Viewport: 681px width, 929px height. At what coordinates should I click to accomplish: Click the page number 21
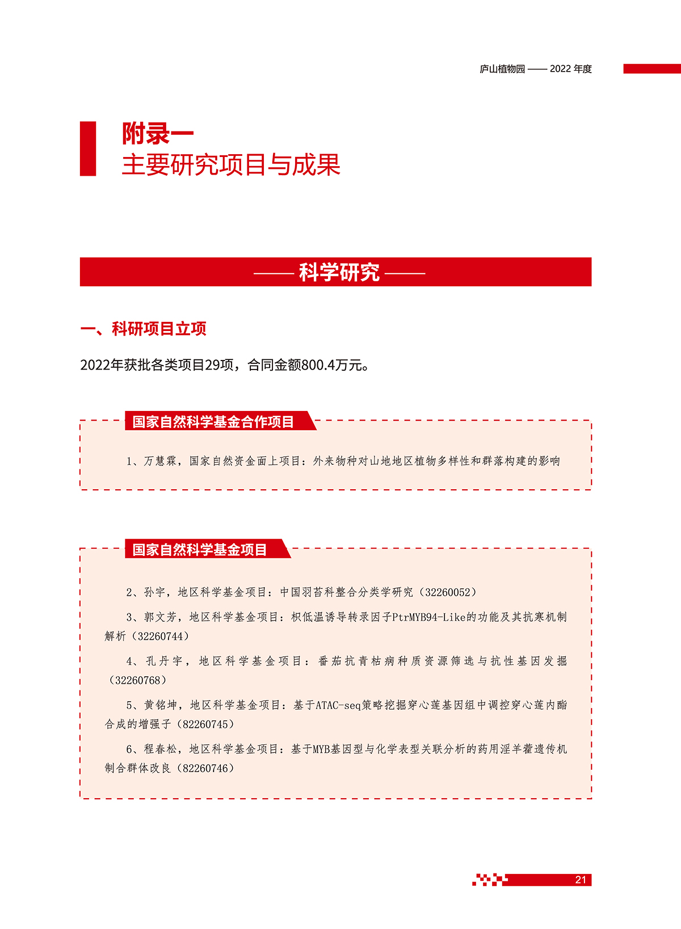coord(580,880)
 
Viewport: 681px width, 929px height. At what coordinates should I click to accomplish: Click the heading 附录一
coord(157,134)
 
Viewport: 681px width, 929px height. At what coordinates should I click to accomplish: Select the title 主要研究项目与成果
coord(230,165)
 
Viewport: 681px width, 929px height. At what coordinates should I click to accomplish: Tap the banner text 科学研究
coord(339,272)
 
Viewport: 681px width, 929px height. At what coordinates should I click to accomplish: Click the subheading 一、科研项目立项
coord(144,329)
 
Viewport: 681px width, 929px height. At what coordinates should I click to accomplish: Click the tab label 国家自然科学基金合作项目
coord(213,422)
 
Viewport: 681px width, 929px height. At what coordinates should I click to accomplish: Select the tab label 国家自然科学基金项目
coord(199,550)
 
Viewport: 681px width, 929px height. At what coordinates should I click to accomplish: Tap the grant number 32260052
coord(448,592)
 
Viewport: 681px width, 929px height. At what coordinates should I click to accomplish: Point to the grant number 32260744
coord(161,637)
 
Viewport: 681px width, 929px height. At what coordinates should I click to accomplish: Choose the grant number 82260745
coord(206,724)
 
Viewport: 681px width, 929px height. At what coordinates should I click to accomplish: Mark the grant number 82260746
coord(206,769)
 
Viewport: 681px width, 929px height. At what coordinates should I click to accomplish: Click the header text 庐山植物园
coord(502,69)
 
